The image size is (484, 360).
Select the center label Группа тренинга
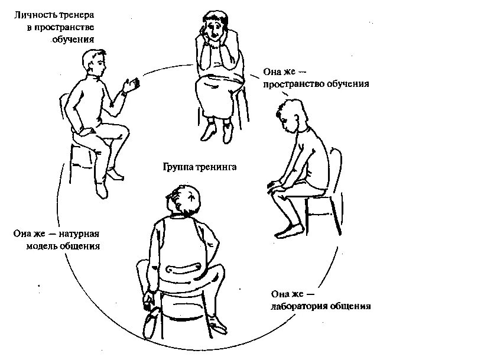[200, 167]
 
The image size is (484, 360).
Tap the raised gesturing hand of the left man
[132, 85]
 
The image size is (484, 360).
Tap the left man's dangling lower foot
[102, 190]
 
